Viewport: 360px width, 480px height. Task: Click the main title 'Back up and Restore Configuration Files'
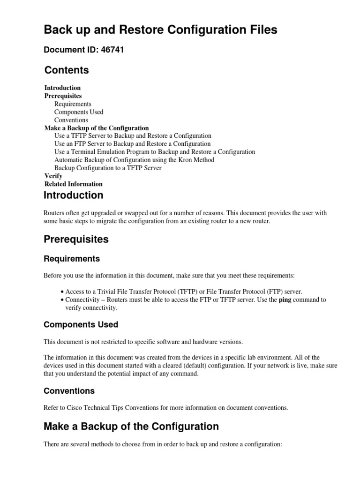click(x=160, y=30)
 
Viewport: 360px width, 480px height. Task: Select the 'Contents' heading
click(x=67, y=70)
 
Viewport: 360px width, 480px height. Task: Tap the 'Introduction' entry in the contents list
click(x=62, y=88)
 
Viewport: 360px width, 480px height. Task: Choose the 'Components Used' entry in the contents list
click(x=79, y=112)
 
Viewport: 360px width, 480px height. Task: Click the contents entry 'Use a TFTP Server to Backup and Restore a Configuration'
click(x=133, y=136)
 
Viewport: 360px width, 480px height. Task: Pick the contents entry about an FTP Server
click(x=132, y=144)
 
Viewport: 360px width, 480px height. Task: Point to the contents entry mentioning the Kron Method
click(x=134, y=160)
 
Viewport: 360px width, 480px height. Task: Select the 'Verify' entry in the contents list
click(x=53, y=176)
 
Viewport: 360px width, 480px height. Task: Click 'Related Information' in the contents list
click(x=73, y=184)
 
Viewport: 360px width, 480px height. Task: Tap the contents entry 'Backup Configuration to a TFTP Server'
click(x=108, y=168)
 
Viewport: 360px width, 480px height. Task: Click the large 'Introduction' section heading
click(x=74, y=195)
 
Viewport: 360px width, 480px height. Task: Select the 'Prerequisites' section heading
click(x=76, y=239)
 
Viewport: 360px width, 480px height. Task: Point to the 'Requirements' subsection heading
click(x=72, y=259)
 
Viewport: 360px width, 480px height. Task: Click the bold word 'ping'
click(x=285, y=300)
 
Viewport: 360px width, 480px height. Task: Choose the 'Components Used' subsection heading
click(x=81, y=324)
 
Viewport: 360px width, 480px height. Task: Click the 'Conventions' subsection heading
click(x=69, y=390)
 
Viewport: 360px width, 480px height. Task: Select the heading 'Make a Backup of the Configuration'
click(x=131, y=427)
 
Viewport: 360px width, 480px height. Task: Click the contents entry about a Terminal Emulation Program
click(x=155, y=152)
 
